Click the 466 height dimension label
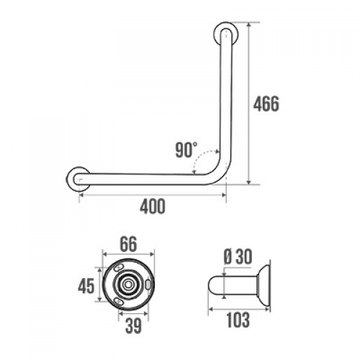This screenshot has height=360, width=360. (266, 104)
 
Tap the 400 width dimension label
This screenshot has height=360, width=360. (153, 206)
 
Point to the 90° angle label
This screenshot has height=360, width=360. (186, 150)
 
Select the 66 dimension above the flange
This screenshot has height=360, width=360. (128, 244)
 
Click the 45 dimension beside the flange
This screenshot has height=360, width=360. (86, 286)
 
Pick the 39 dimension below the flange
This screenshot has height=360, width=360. (133, 325)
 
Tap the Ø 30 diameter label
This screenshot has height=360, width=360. (238, 256)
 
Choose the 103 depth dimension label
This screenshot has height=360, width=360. (238, 320)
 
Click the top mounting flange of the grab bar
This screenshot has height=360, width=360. (226, 34)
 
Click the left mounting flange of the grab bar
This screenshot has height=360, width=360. (78, 179)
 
